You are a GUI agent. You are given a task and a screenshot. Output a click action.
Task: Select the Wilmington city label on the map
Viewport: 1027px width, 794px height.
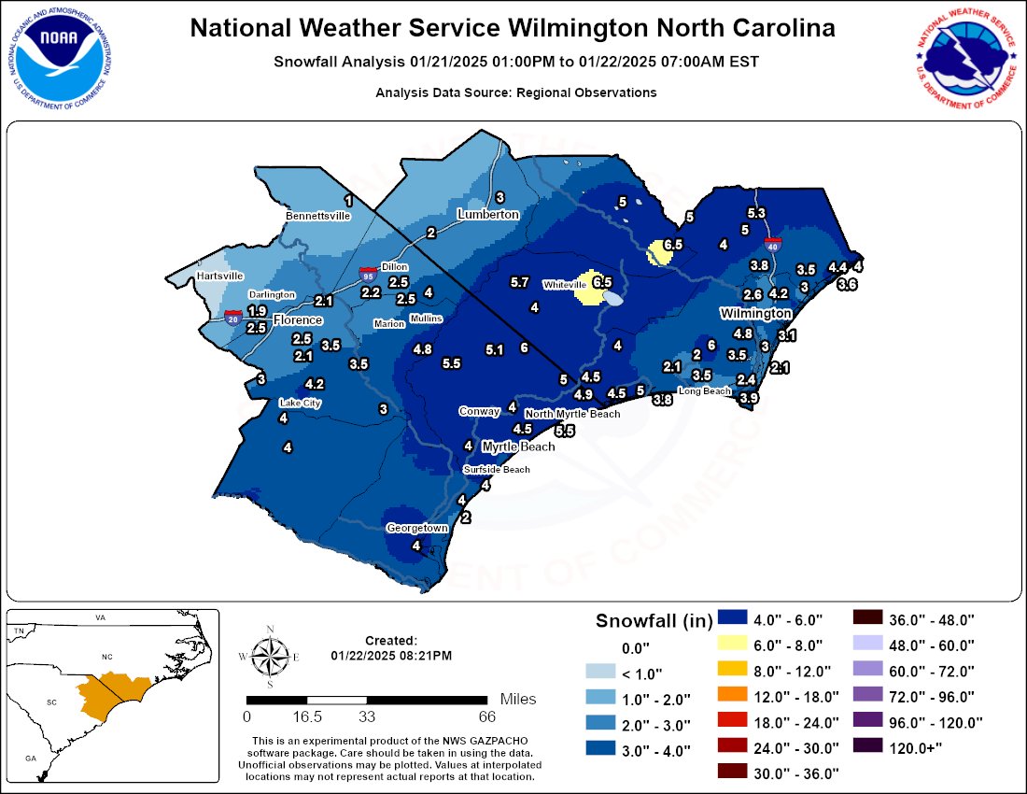coord(755,313)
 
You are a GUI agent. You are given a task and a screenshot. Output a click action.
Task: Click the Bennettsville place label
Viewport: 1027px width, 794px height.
coord(317,216)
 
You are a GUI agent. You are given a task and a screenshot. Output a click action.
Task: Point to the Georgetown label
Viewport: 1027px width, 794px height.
coord(417,529)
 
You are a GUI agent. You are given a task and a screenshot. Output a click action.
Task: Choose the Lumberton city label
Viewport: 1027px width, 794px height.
coord(487,215)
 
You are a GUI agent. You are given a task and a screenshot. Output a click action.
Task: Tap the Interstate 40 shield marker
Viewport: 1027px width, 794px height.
coord(772,245)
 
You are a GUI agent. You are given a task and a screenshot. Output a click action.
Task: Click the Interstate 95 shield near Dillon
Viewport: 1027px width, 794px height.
coord(369,275)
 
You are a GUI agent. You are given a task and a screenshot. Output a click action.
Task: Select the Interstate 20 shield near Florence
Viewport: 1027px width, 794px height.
coord(234,317)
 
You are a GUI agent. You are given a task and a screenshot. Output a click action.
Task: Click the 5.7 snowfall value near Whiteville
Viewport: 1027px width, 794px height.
coord(520,282)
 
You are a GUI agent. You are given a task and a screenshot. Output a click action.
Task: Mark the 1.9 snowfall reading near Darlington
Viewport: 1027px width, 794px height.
coord(258,311)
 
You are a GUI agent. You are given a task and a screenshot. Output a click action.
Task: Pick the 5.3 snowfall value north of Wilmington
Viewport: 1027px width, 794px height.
coord(756,214)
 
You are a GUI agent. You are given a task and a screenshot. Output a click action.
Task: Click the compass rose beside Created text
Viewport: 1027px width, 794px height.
coord(269,658)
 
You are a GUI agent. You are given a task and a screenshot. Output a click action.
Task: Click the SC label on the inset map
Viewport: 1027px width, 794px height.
coord(50,700)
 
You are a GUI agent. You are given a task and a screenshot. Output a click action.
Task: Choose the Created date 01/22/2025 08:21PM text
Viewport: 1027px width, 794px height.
coord(390,656)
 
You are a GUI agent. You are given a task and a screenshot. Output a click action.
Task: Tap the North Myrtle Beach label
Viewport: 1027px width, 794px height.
coord(572,414)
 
